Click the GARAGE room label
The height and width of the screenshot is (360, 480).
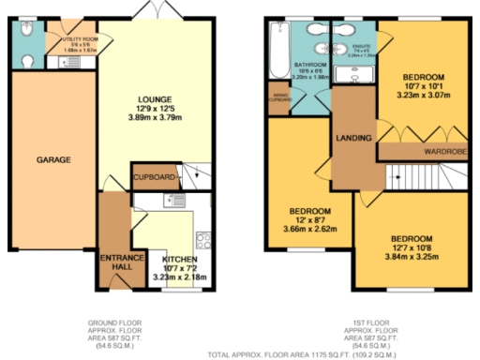pos(54,160)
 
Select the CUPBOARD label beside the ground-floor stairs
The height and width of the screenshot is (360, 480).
pos(153,175)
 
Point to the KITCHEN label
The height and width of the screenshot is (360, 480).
pos(180,259)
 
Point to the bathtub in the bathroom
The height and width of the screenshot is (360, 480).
pos(277,52)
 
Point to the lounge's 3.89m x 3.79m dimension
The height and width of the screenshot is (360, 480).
pos(153,119)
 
